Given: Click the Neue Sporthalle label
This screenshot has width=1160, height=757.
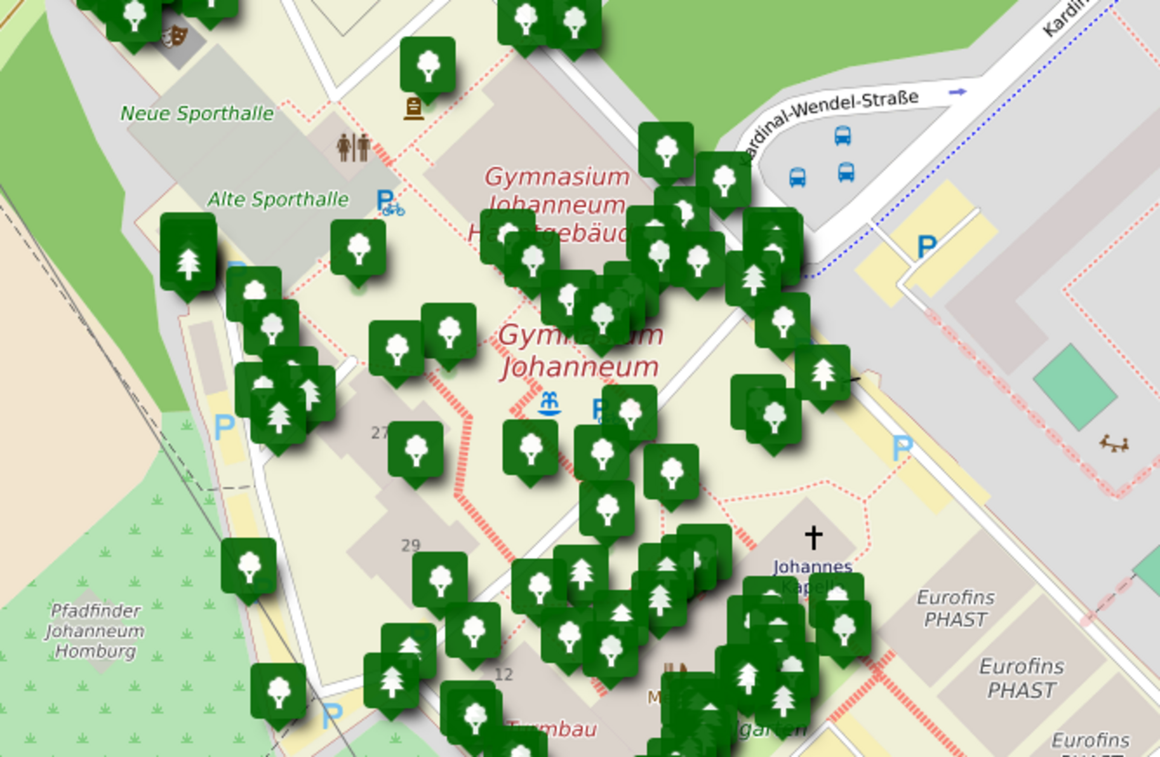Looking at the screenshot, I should pyautogui.click(x=197, y=114).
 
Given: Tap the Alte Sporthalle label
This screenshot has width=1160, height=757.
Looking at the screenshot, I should pyautogui.click(x=277, y=199).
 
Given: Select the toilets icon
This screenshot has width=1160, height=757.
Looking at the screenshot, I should pyautogui.click(x=353, y=147).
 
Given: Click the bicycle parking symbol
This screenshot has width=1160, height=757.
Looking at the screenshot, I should pyautogui.click(x=389, y=203).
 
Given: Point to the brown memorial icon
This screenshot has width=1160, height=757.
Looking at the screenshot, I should pyautogui.click(x=414, y=109).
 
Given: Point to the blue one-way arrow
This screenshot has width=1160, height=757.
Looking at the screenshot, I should pyautogui.click(x=957, y=92).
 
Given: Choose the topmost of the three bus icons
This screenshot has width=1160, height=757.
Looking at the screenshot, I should pyautogui.click(x=843, y=135).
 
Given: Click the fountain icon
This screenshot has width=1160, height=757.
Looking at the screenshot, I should pyautogui.click(x=549, y=404).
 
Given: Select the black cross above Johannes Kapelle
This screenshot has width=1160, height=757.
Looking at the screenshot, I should pyautogui.click(x=813, y=537).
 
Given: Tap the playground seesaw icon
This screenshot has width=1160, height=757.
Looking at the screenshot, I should pyautogui.click(x=1114, y=444).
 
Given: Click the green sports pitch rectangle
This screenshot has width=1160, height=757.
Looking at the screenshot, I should pyautogui.click(x=1074, y=387).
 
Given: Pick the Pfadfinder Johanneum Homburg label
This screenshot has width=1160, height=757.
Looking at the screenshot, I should pyautogui.click(x=95, y=631).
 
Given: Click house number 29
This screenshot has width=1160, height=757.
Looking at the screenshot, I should pyautogui.click(x=410, y=546).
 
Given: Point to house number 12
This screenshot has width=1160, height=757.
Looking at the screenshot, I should pyautogui.click(x=503, y=674).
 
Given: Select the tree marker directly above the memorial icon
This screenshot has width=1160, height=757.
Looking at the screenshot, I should pyautogui.click(x=428, y=65).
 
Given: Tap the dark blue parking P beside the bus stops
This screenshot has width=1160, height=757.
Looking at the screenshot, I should pyautogui.click(x=926, y=246).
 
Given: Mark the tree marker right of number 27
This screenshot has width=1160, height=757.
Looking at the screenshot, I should pyautogui.click(x=416, y=449).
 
